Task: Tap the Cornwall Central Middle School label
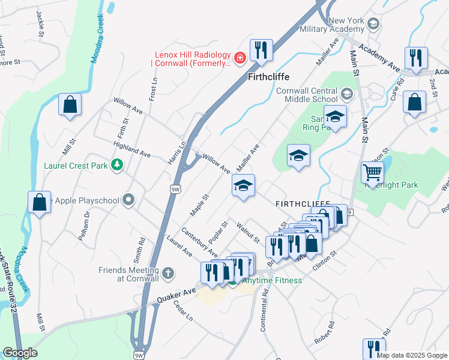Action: point(298,95)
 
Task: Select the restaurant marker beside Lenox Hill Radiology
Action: point(261,50)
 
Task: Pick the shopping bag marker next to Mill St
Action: point(70,104)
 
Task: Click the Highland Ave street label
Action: point(131,149)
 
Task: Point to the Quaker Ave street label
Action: point(177,293)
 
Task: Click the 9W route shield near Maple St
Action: point(175,190)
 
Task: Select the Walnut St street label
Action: point(248,232)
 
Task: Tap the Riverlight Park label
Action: point(391,185)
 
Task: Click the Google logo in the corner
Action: point(20,352)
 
